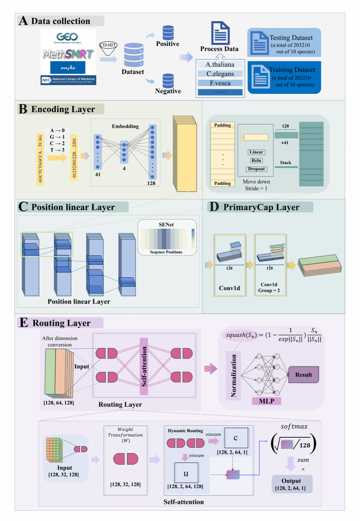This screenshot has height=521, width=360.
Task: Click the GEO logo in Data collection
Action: coord(68,37)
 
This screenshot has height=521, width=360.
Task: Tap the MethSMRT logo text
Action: coord(68,54)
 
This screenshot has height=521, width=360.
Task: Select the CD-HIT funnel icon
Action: coord(108,48)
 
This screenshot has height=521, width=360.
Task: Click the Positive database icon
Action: coord(168,33)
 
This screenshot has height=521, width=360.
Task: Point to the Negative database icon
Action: coord(168,81)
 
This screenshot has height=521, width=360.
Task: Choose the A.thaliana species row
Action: coord(220,65)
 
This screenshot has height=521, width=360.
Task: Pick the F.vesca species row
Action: coord(220,83)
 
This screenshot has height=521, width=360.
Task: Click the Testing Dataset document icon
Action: coord(260,43)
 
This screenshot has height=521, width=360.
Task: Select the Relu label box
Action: coord(256,160)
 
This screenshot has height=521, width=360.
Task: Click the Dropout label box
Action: coord(256,169)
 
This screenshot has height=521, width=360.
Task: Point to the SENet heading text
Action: coord(166,225)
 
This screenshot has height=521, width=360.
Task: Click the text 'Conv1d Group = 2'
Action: coord(269,288)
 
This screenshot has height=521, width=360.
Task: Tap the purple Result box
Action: coord(303,375)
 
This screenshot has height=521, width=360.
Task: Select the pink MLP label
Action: coord(267,401)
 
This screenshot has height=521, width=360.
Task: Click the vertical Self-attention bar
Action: coord(144,366)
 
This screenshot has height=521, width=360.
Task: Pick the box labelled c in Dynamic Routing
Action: coord(236,438)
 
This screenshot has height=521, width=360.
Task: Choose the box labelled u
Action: coord(186,473)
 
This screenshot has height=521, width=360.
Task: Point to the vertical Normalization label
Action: coord(234,376)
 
